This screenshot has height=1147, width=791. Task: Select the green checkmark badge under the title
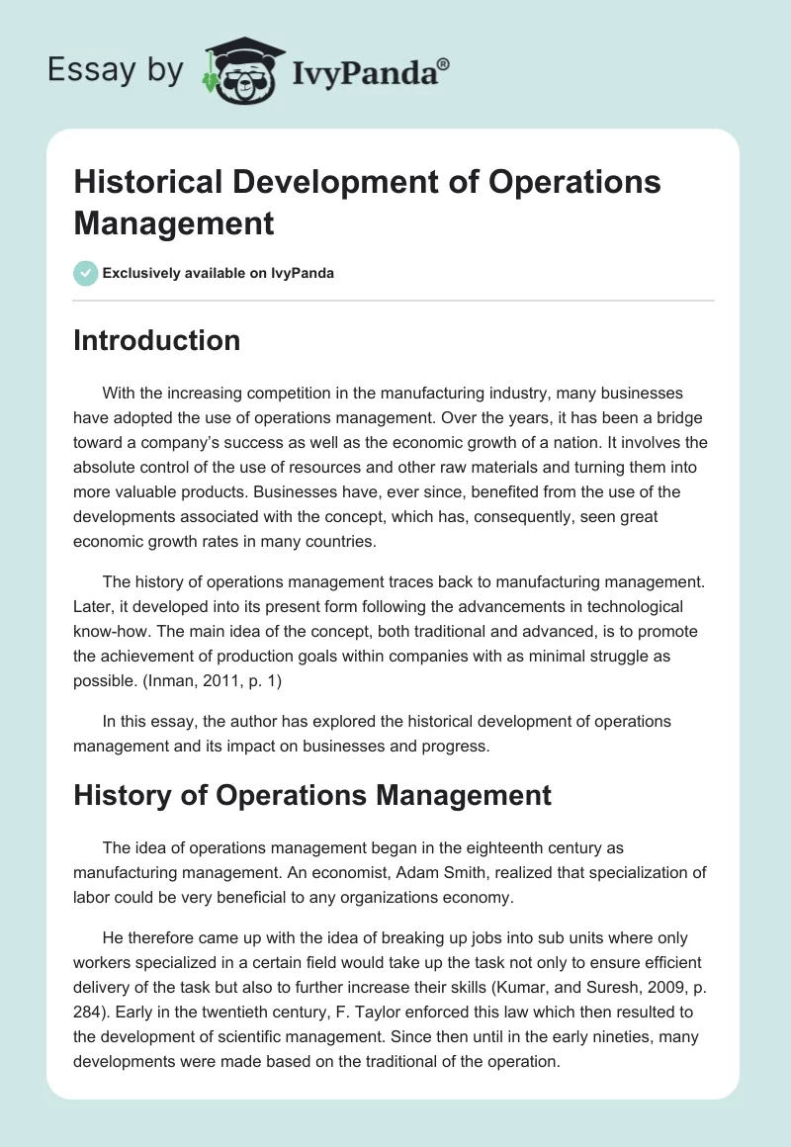(x=86, y=273)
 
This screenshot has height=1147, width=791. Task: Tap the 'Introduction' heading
(x=156, y=340)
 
